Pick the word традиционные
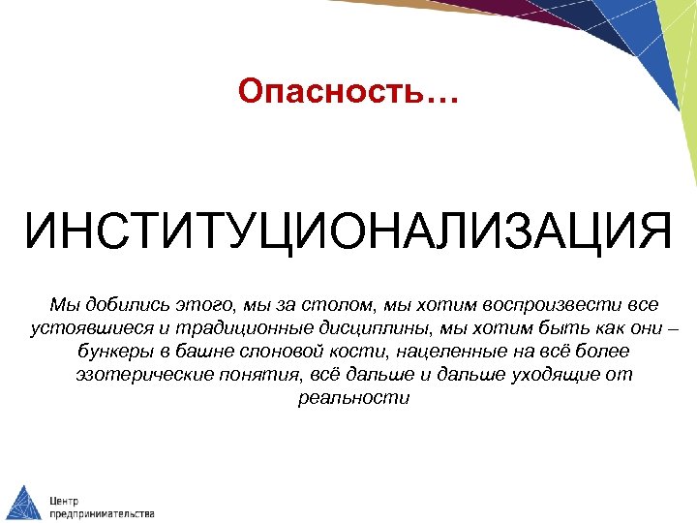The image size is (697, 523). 226,326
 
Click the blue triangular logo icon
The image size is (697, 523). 22,502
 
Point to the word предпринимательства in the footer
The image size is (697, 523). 102,512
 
